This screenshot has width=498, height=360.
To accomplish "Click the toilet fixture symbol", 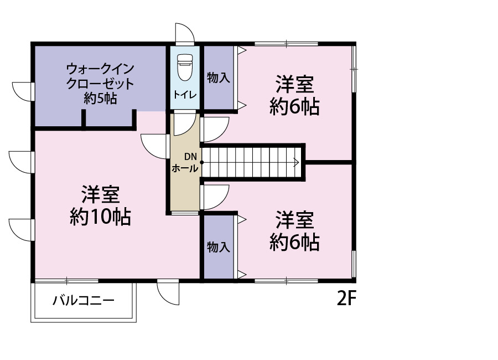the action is [184, 67].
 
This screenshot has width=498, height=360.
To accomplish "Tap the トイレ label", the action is [185, 95].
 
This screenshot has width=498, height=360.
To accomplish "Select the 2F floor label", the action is [346, 299].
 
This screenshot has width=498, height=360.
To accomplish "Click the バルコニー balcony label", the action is [83, 300].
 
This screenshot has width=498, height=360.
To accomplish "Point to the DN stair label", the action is [190, 157].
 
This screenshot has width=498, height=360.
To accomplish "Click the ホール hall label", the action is [185, 168].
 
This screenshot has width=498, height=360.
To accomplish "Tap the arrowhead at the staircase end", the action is [297, 162].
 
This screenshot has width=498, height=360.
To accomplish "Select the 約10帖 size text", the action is [100, 217].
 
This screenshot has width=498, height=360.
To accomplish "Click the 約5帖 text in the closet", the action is [100, 98].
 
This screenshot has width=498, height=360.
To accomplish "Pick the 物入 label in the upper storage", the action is [219, 78].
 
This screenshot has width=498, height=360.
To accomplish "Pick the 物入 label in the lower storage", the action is [219, 247].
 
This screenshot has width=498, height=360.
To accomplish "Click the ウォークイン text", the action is [100, 69].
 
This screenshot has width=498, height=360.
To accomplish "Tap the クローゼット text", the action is [100, 84].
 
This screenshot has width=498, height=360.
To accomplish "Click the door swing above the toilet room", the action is [184, 33].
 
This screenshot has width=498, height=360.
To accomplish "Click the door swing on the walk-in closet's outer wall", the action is [23, 91].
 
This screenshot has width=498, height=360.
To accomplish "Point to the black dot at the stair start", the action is [201, 162].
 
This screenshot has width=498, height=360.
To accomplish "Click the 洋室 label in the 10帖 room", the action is [100, 194].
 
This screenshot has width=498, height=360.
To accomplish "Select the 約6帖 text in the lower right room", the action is [294, 243].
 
